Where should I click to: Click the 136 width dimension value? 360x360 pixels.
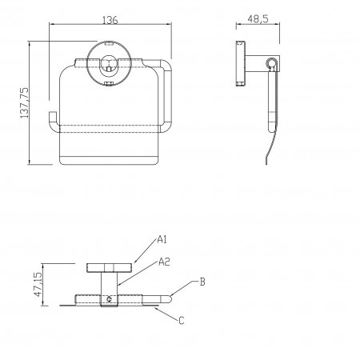(x=110, y=20)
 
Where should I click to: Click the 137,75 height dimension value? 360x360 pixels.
(x=24, y=102)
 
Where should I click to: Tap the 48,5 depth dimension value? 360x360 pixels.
(x=258, y=19)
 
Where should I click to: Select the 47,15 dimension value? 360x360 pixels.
(x=38, y=284)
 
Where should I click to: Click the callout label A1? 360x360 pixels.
(x=162, y=239)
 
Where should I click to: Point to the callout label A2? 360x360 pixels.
(x=164, y=262)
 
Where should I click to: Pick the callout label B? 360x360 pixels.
(x=202, y=282)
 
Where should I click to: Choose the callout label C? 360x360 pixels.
(x=182, y=320)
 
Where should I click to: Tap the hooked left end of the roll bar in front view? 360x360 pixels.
(x=53, y=121)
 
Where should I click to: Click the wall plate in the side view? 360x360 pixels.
(x=241, y=63)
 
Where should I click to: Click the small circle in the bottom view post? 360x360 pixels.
(x=109, y=299)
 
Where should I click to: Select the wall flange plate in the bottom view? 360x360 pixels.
(x=110, y=268)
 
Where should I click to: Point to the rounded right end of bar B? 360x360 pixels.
(x=170, y=299)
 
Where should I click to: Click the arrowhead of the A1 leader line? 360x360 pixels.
(x=134, y=262)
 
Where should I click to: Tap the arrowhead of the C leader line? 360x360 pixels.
(x=156, y=308)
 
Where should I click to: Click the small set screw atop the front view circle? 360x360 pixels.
(x=108, y=43)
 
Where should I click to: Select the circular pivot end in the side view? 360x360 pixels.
(x=270, y=63)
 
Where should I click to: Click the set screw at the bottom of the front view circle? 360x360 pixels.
(x=108, y=83)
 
